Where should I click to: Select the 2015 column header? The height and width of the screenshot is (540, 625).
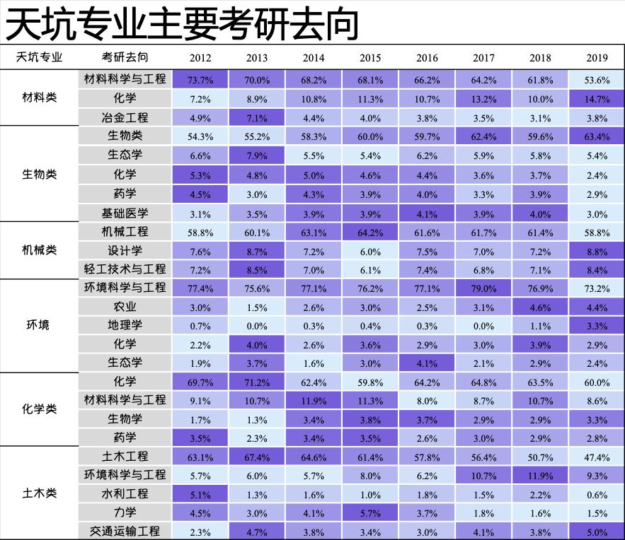tap(370, 58)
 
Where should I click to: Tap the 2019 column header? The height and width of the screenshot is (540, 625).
tap(597, 58)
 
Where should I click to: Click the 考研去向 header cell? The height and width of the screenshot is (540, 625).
tap(125, 57)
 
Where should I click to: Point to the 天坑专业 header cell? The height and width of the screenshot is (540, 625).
tap(40, 57)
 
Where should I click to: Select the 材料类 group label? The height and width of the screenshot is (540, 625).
tap(40, 98)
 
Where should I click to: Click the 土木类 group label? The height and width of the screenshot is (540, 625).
tap(40, 493)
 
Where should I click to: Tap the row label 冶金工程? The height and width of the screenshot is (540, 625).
tap(125, 117)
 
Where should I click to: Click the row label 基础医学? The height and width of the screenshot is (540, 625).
tap(125, 213)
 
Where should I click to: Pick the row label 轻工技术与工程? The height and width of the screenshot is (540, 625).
tap(125, 269)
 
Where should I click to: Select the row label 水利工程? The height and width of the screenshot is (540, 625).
tap(125, 493)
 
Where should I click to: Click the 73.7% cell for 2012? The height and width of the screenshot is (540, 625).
tap(200, 79)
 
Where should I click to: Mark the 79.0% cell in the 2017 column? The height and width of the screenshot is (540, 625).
tap(483, 288)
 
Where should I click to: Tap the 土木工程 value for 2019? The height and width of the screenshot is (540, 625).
tap(597, 457)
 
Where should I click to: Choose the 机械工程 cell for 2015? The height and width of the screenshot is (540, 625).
tap(370, 232)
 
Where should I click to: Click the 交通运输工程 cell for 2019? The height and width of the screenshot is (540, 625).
tap(597, 531)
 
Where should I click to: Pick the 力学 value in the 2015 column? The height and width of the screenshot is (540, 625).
tap(370, 512)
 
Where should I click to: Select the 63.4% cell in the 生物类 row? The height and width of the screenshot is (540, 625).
tap(597, 136)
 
